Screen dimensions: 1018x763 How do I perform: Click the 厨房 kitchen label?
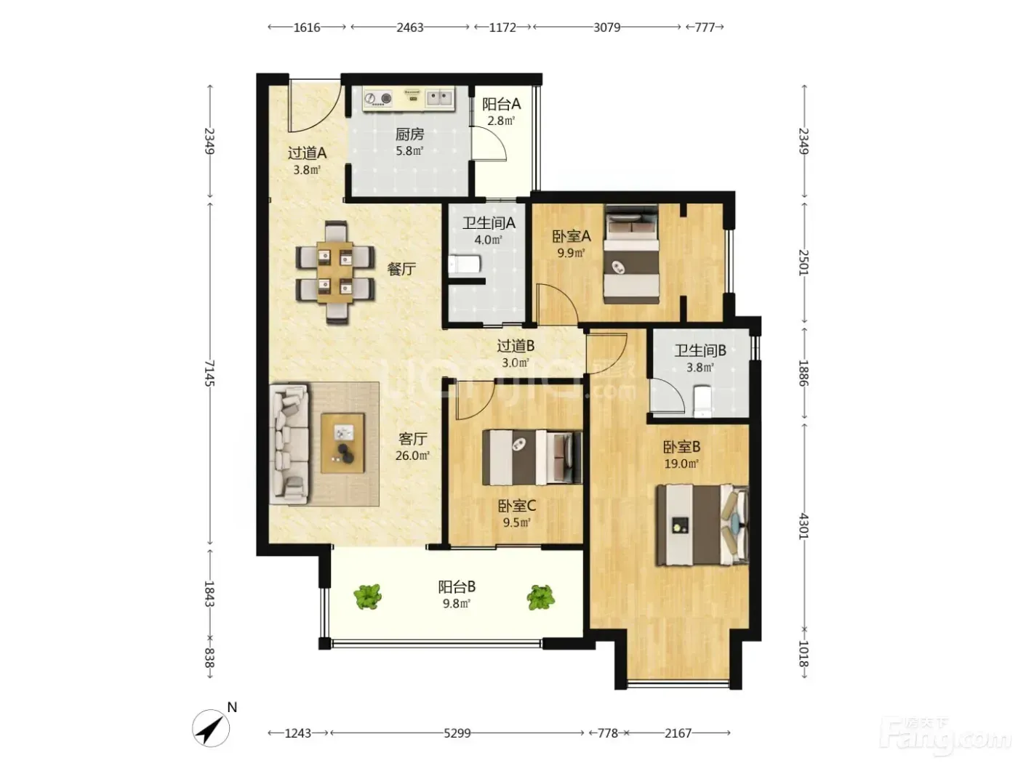click(x=409, y=134)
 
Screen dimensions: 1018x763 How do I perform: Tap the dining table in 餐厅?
click(x=335, y=272)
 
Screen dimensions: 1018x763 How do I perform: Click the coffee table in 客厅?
click(x=342, y=443)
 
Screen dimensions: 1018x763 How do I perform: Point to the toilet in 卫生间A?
click(x=465, y=265)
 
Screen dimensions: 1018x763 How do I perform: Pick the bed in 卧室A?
click(x=631, y=254)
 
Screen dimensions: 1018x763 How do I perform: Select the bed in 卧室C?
click(x=532, y=458)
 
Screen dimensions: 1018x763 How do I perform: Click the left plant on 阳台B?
click(x=368, y=597)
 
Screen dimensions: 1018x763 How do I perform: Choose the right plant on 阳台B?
click(x=541, y=597)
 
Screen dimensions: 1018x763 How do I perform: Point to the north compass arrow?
click(x=211, y=728)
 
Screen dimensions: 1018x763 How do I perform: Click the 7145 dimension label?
click(x=209, y=374)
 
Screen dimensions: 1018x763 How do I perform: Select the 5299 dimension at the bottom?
click(x=457, y=733)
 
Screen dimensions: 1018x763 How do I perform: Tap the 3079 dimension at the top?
click(x=606, y=28)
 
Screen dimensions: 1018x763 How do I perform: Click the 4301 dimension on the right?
click(x=803, y=526)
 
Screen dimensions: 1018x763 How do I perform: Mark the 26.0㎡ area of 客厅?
click(x=412, y=456)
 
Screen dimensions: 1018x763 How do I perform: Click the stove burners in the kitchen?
click(x=378, y=99)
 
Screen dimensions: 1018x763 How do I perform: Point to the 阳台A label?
click(x=501, y=104)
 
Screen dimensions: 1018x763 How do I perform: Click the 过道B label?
click(x=516, y=346)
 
